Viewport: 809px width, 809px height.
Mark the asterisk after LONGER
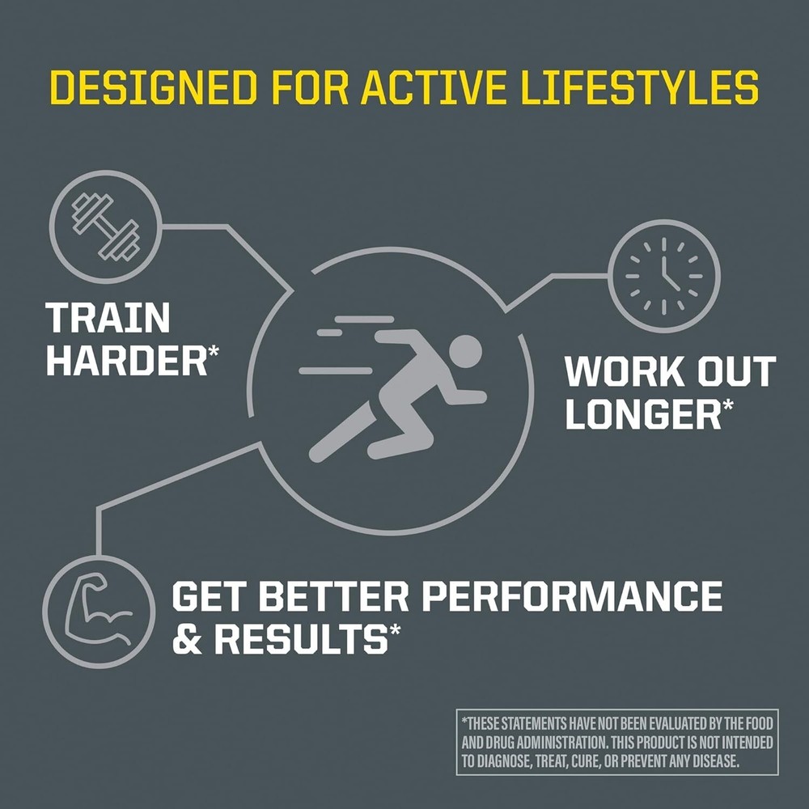pos(728,404)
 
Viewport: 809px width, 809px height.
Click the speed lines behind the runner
pos(344,348)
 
